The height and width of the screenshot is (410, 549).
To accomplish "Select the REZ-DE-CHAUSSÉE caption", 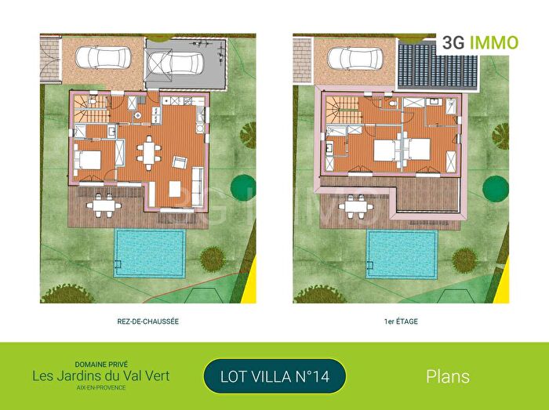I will pyautogui.click(x=148, y=321).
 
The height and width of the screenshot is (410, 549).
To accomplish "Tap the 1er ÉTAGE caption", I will pyautogui.click(x=400, y=321).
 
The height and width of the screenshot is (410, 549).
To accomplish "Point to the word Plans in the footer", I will pyautogui.click(x=448, y=376).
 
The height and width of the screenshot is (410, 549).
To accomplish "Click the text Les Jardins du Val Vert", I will pyautogui.click(x=100, y=376).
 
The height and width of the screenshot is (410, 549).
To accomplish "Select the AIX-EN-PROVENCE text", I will pyautogui.click(x=100, y=388).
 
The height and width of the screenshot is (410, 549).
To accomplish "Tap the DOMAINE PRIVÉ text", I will pyautogui.click(x=100, y=364).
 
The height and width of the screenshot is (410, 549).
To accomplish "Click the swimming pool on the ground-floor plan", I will pyautogui.click(x=149, y=252).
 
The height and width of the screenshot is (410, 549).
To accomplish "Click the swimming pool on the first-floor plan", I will pyautogui.click(x=402, y=252).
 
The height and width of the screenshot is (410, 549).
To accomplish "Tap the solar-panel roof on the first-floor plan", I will pyautogui.click(x=427, y=62).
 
